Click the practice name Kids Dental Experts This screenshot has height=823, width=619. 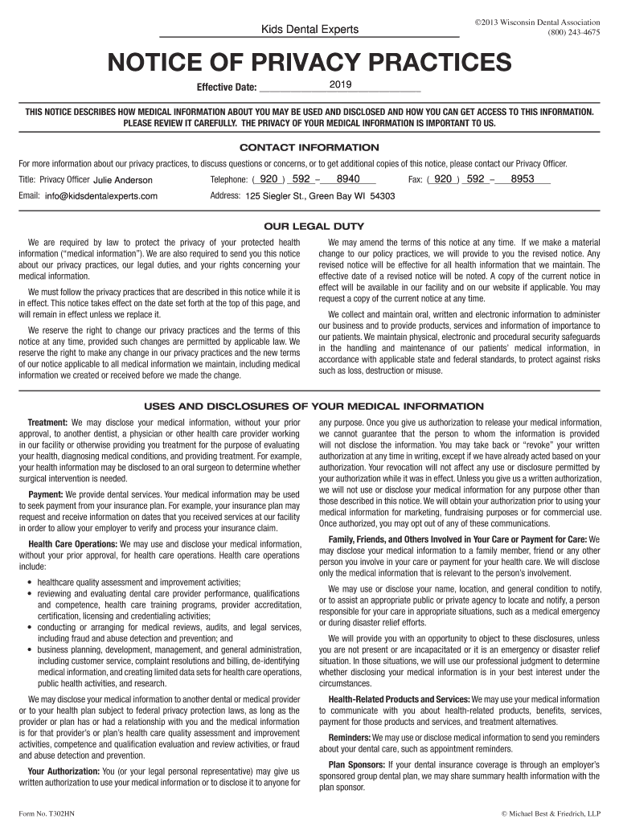click(x=309, y=31)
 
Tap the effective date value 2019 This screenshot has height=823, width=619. click(x=340, y=85)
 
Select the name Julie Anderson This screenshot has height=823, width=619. click(x=122, y=180)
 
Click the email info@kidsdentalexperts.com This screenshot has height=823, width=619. click(x=100, y=196)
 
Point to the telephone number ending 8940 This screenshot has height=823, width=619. click(x=347, y=179)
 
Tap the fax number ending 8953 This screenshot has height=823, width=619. click(x=523, y=179)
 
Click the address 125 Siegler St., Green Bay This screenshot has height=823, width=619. click(x=319, y=196)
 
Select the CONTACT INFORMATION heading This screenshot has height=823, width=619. click(x=309, y=148)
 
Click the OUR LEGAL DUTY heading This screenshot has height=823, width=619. click(x=309, y=226)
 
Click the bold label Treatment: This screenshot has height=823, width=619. click(x=48, y=422)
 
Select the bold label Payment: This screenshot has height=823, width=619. click(x=45, y=494)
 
